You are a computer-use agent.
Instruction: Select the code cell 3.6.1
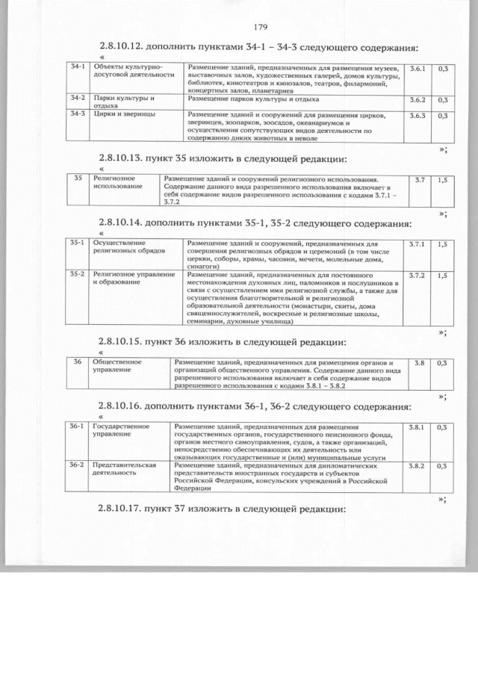418,69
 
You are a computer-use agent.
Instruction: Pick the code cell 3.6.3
418,116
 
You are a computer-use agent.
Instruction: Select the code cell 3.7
420,180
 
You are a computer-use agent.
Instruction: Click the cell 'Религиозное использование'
114,183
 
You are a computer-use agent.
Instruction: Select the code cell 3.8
419,363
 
